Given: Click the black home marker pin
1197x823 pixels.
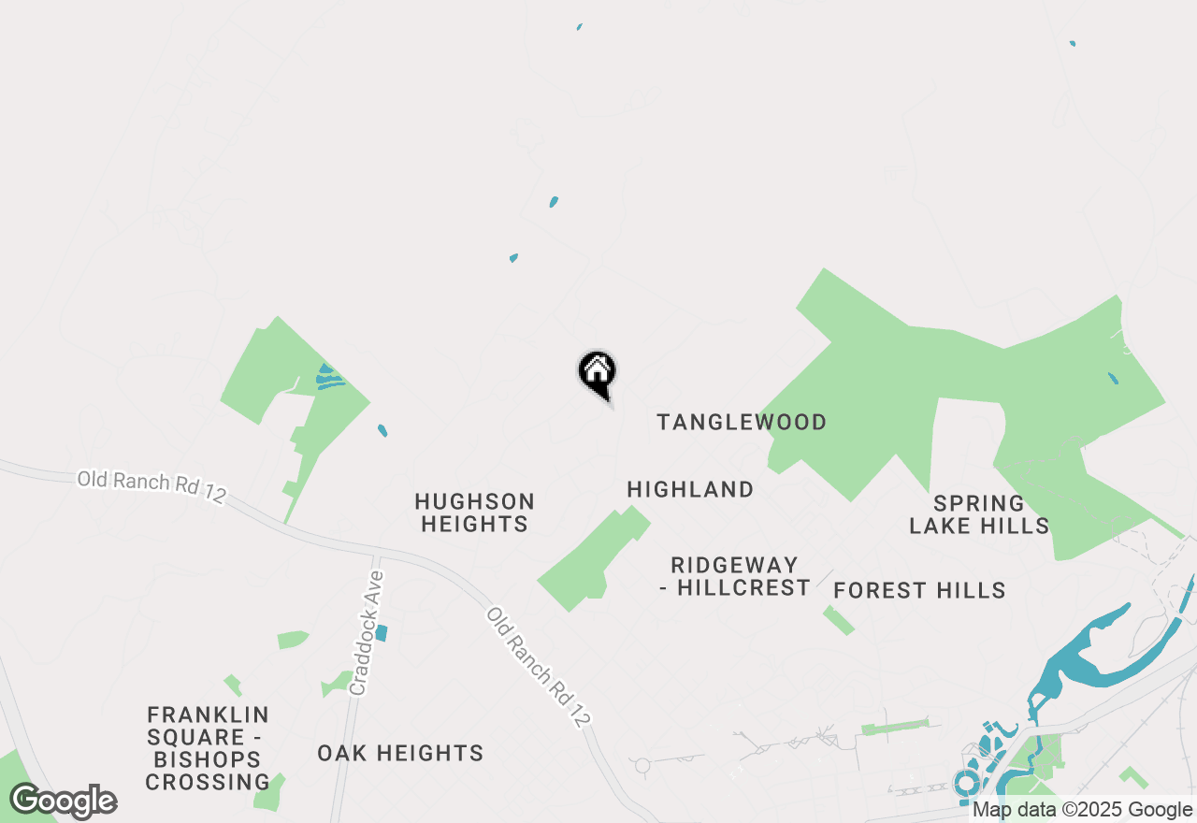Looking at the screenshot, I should click(597, 373).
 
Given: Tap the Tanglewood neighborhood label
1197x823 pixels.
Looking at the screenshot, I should click(742, 423).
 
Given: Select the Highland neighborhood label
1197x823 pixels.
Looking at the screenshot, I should click(690, 489).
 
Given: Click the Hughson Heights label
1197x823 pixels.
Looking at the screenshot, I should click(475, 513).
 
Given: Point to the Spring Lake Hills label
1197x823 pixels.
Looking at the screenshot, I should click(979, 515).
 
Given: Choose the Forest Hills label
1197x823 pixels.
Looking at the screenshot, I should click(919, 590).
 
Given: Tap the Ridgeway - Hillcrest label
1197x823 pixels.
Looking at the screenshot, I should click(741, 577).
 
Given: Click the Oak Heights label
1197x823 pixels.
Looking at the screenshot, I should click(400, 753).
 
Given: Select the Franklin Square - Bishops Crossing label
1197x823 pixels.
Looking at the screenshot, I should click(208, 748).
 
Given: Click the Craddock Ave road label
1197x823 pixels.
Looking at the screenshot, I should click(366, 633).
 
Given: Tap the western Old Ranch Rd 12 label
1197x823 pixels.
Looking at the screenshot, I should click(151, 487).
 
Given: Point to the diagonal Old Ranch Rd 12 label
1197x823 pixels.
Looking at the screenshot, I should click(540, 668).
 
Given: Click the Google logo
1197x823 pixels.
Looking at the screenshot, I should click(64, 801).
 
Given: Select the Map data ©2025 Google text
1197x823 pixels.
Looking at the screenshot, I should click(1082, 810).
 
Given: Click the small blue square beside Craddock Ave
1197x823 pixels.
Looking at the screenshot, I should click(381, 633).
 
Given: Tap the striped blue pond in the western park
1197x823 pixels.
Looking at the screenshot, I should click(329, 378).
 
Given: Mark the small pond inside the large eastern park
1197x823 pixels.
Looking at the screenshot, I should click(1112, 379).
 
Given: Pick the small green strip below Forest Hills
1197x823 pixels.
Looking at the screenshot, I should click(839, 620).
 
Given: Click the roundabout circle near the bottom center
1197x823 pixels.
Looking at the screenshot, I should click(642, 766).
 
